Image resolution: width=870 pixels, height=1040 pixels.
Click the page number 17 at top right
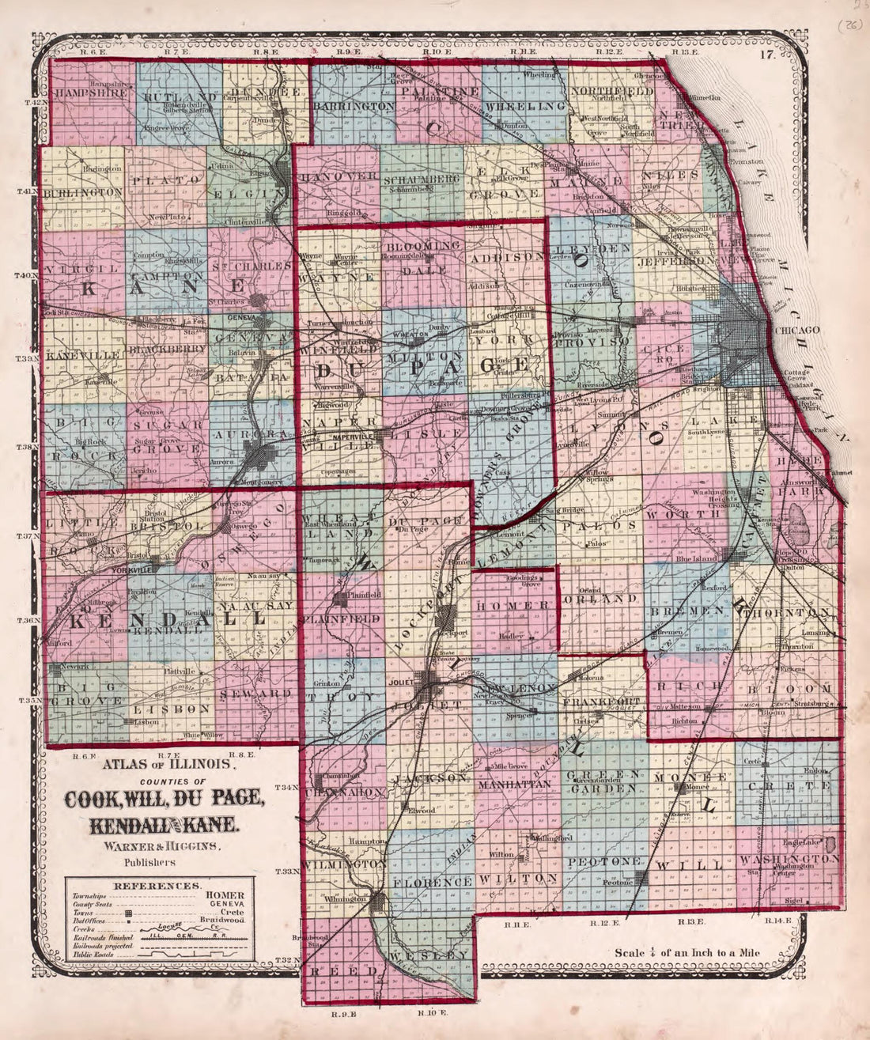tap(765, 55)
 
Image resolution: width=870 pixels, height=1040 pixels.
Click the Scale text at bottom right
tap(687, 952)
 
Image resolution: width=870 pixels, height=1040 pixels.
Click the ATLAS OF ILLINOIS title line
tap(165, 765)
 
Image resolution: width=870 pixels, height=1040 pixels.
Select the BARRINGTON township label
tap(353, 105)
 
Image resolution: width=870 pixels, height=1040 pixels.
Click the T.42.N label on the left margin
tap(37, 104)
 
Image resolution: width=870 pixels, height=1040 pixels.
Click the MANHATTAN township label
tap(513, 784)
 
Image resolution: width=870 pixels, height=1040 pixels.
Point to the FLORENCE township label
tap(432, 881)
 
